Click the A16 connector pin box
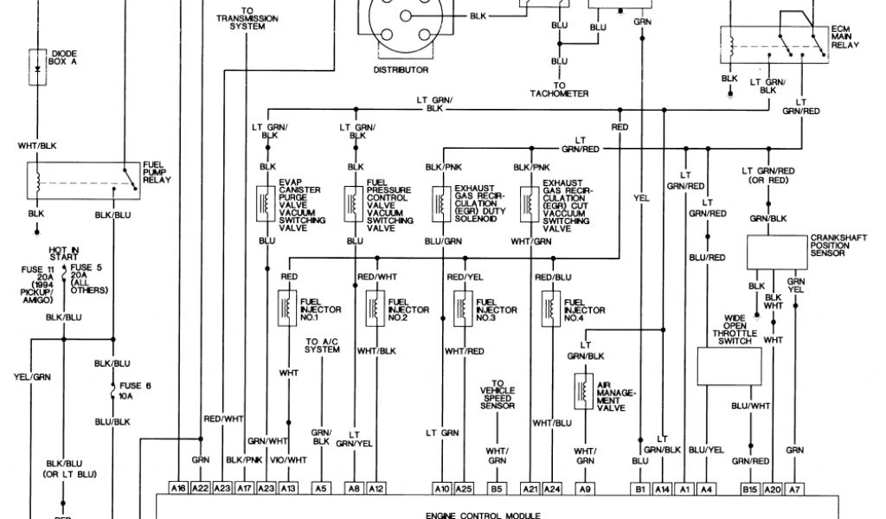(x=179, y=488)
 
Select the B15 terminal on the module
(x=751, y=488)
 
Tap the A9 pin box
(x=585, y=488)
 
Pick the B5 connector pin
(x=497, y=488)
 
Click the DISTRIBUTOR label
(x=401, y=69)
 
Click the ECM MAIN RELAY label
(x=848, y=41)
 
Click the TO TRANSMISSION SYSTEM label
(x=247, y=18)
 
